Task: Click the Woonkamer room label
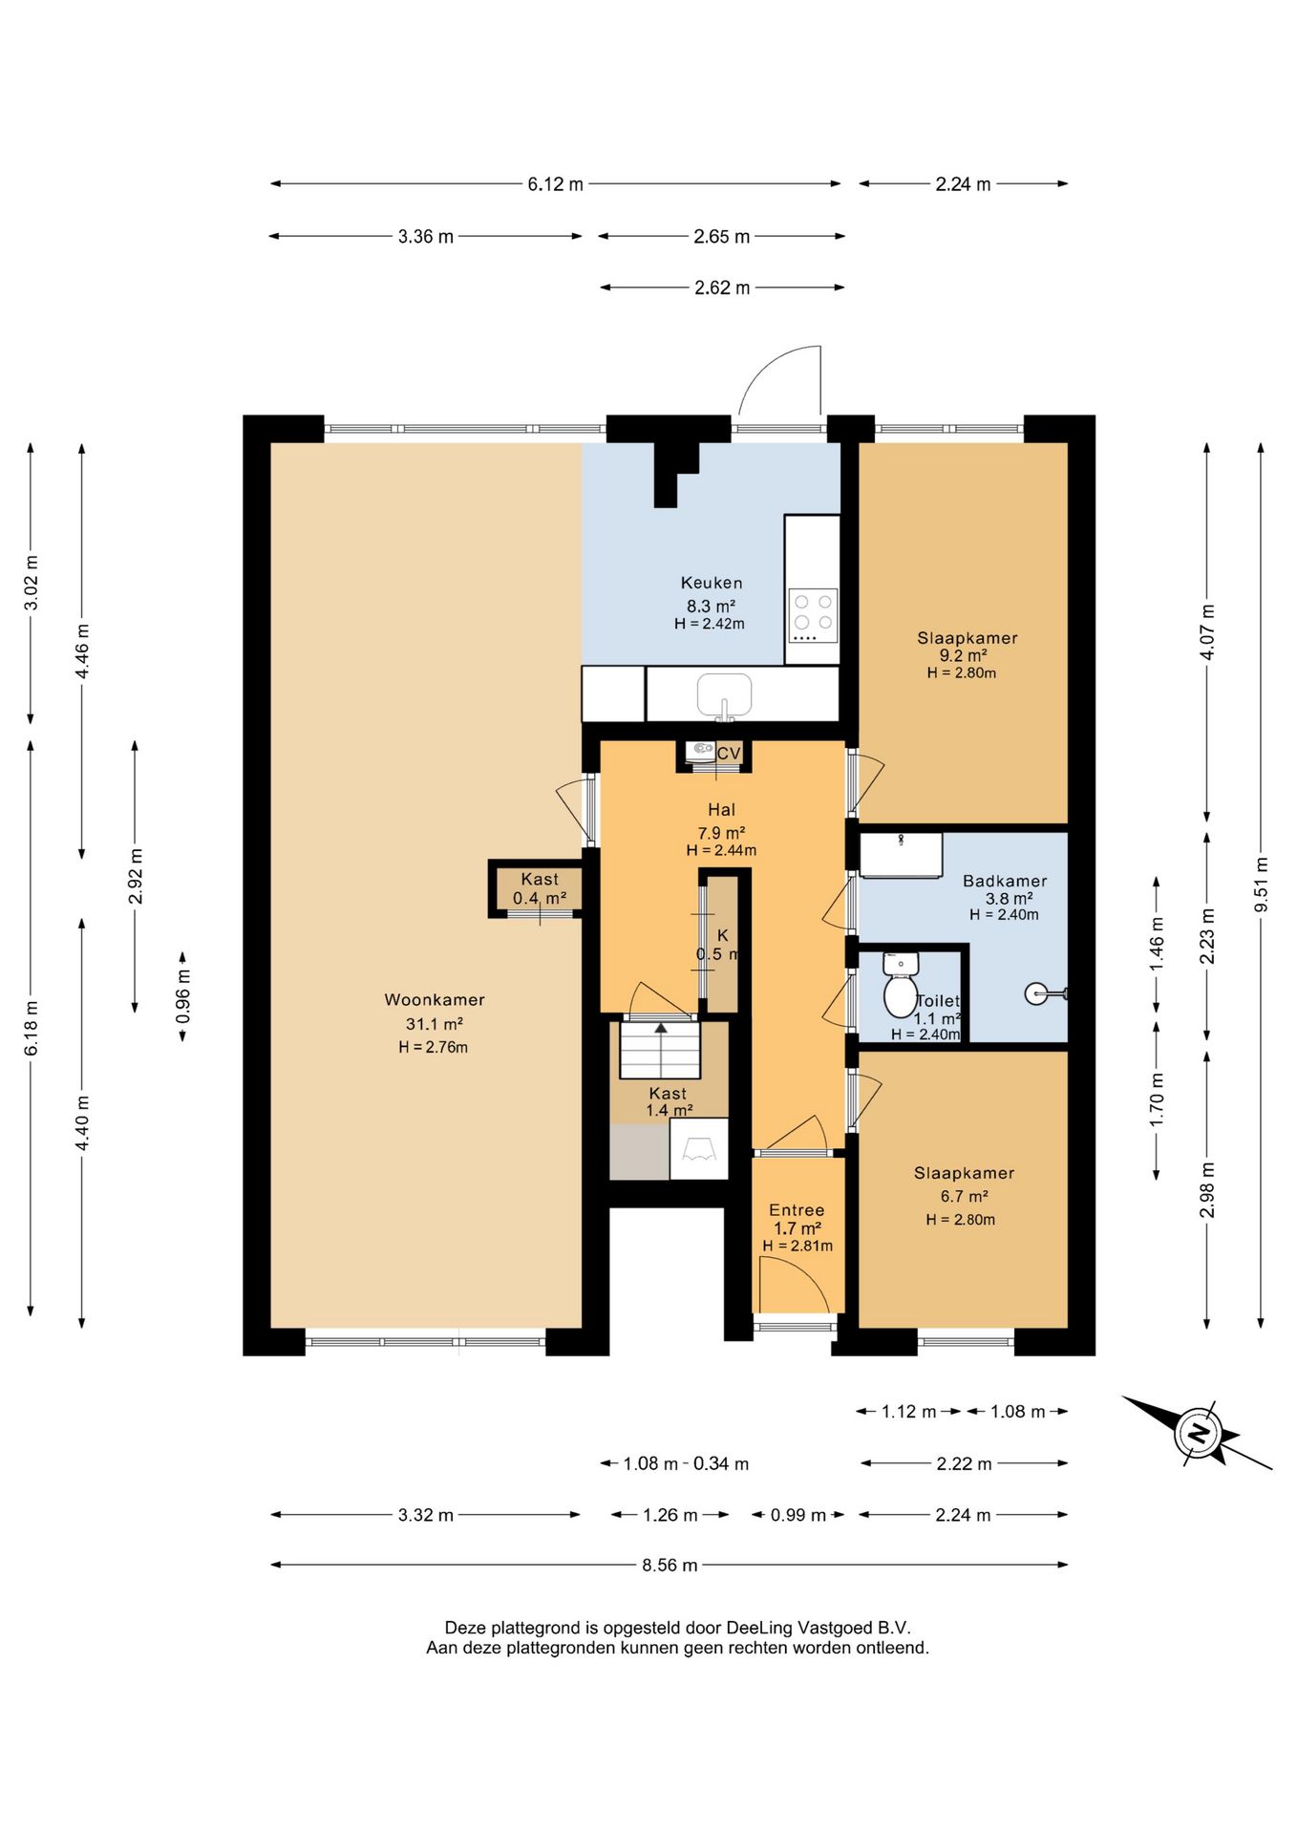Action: pyautogui.click(x=435, y=1000)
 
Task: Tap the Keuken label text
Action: pyautogui.click(x=712, y=583)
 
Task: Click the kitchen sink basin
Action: pyautogui.click(x=724, y=693)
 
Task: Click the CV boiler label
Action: pyautogui.click(x=729, y=754)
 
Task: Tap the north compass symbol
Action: pyautogui.click(x=1197, y=1432)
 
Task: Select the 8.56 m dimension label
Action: pyautogui.click(x=670, y=1566)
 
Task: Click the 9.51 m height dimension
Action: pyautogui.click(x=1262, y=885)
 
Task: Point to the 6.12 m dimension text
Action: pyautogui.click(x=555, y=184)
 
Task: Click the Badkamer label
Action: pyautogui.click(x=1005, y=881)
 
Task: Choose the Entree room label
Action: pyautogui.click(x=797, y=1210)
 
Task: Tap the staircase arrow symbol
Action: pyautogui.click(x=660, y=1028)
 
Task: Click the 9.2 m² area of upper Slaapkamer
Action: pyautogui.click(x=963, y=655)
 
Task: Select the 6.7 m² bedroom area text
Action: pyautogui.click(x=964, y=1196)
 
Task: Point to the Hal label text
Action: pyautogui.click(x=721, y=810)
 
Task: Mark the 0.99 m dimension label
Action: pyautogui.click(x=798, y=1515)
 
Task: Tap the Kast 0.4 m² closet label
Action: pyautogui.click(x=540, y=888)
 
